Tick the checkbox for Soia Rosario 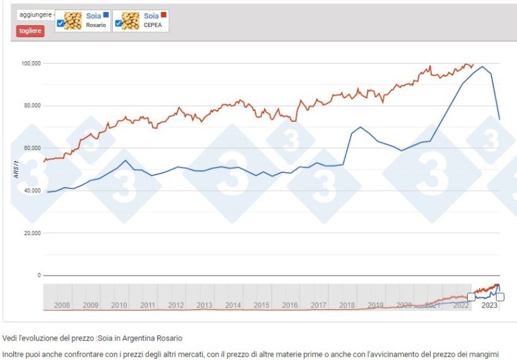(60, 23)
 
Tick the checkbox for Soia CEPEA (118, 23)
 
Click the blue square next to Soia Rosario (106, 15)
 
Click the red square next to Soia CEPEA (164, 15)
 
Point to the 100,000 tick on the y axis (31, 64)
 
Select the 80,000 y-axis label (32, 106)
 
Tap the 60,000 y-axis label (32, 148)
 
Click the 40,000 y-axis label (32, 190)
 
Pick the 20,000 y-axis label (32, 233)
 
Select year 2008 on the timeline (62, 305)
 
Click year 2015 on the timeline (262, 305)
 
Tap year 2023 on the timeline (489, 305)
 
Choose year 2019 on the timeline (376, 305)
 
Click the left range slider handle (471, 297)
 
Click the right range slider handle (500, 297)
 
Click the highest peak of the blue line (482, 66)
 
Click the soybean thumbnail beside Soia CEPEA (131, 21)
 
